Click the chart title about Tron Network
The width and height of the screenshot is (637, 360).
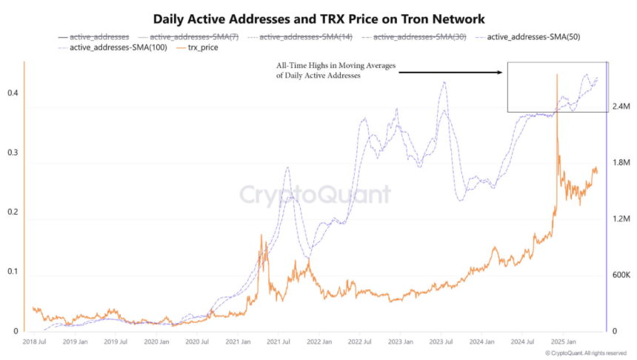318,18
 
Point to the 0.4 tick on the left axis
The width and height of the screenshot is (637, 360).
12,93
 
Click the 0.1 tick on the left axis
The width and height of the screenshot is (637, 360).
12,272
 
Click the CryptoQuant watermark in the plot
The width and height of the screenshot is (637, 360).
314,195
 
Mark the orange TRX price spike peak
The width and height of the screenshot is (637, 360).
556,75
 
